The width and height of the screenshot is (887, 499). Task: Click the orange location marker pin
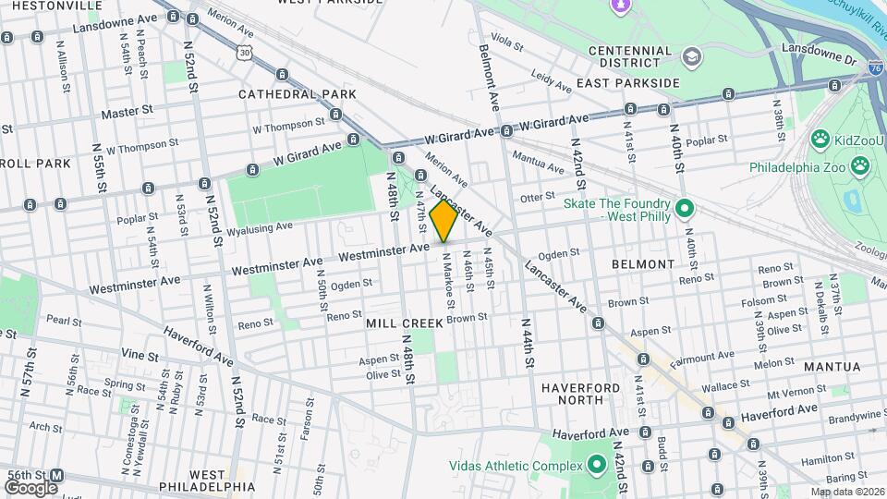tap(443, 221)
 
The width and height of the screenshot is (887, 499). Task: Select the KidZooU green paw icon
tap(819, 140)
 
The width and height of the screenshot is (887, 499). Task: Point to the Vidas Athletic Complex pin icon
tap(596, 464)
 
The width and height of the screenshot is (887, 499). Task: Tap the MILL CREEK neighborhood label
tap(404, 323)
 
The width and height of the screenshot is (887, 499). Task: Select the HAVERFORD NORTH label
tap(585, 393)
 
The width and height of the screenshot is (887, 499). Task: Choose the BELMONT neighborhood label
tap(643, 264)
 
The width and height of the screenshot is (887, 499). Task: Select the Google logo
tap(30, 487)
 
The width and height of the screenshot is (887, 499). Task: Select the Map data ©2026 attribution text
tap(846, 492)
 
